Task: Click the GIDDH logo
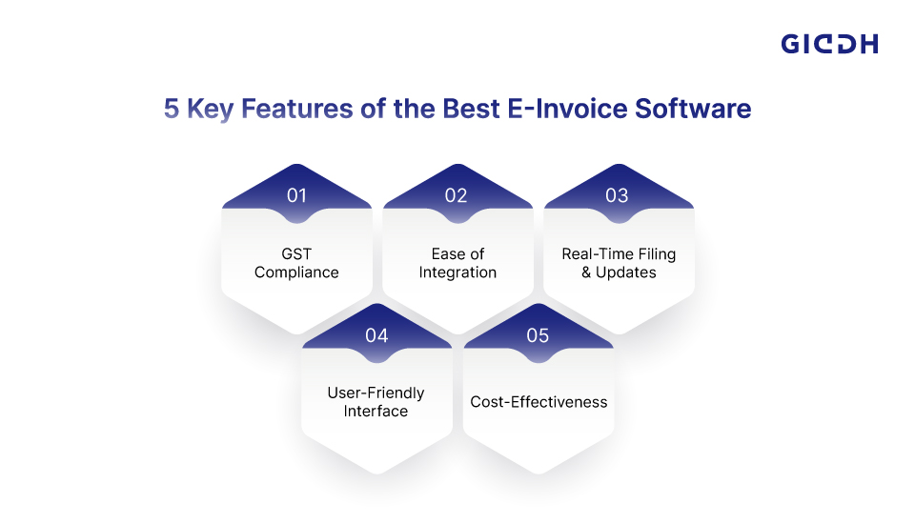[x=829, y=45]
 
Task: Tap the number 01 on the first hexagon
[x=296, y=195]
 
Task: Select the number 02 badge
[x=456, y=195]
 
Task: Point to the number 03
[x=617, y=195]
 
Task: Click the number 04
[x=376, y=335]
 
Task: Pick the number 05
[x=538, y=335]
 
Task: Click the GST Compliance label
[x=296, y=263]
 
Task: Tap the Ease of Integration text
[x=457, y=263]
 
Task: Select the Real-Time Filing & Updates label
[x=619, y=263]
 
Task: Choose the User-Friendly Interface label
[x=376, y=401]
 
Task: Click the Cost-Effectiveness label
[x=539, y=402]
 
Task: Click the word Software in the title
[x=693, y=109]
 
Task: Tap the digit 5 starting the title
[x=171, y=109]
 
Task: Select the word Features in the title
[x=297, y=109]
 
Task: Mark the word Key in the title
[x=210, y=110]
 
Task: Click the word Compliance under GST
[x=296, y=272]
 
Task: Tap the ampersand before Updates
[x=586, y=272]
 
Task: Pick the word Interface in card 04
[x=376, y=411]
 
